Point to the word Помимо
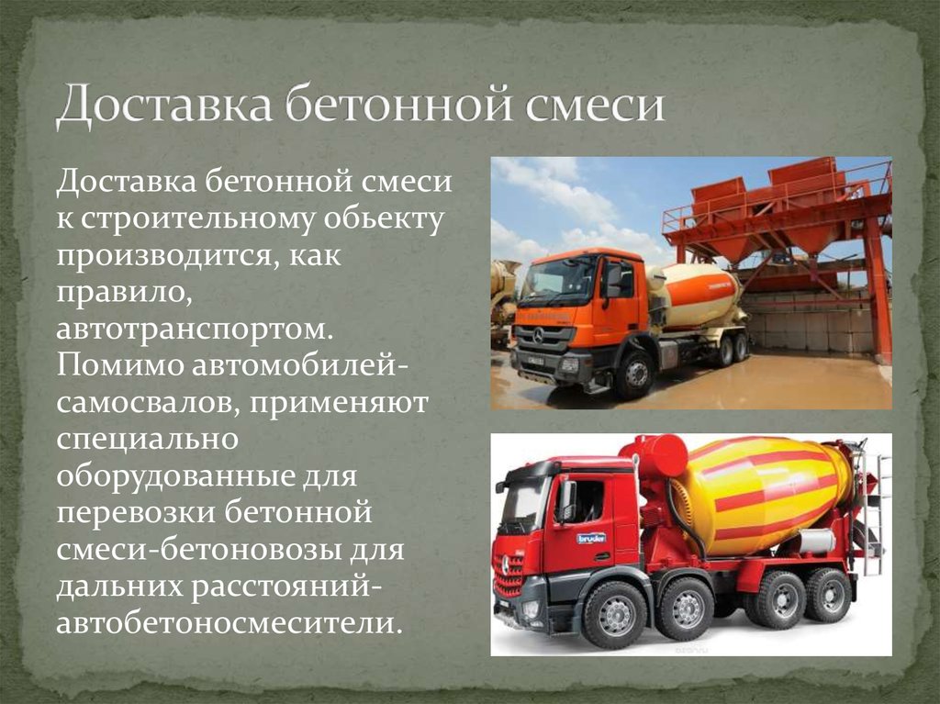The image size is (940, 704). (x=118, y=364)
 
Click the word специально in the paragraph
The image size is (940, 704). (x=148, y=439)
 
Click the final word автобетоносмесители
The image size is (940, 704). (x=229, y=622)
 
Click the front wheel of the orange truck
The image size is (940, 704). (x=634, y=373)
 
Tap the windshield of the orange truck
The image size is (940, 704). (x=554, y=280)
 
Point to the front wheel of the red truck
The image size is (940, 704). (x=614, y=615)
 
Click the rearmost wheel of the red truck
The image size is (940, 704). (x=828, y=595)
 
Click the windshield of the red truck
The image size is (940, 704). (x=523, y=506)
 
